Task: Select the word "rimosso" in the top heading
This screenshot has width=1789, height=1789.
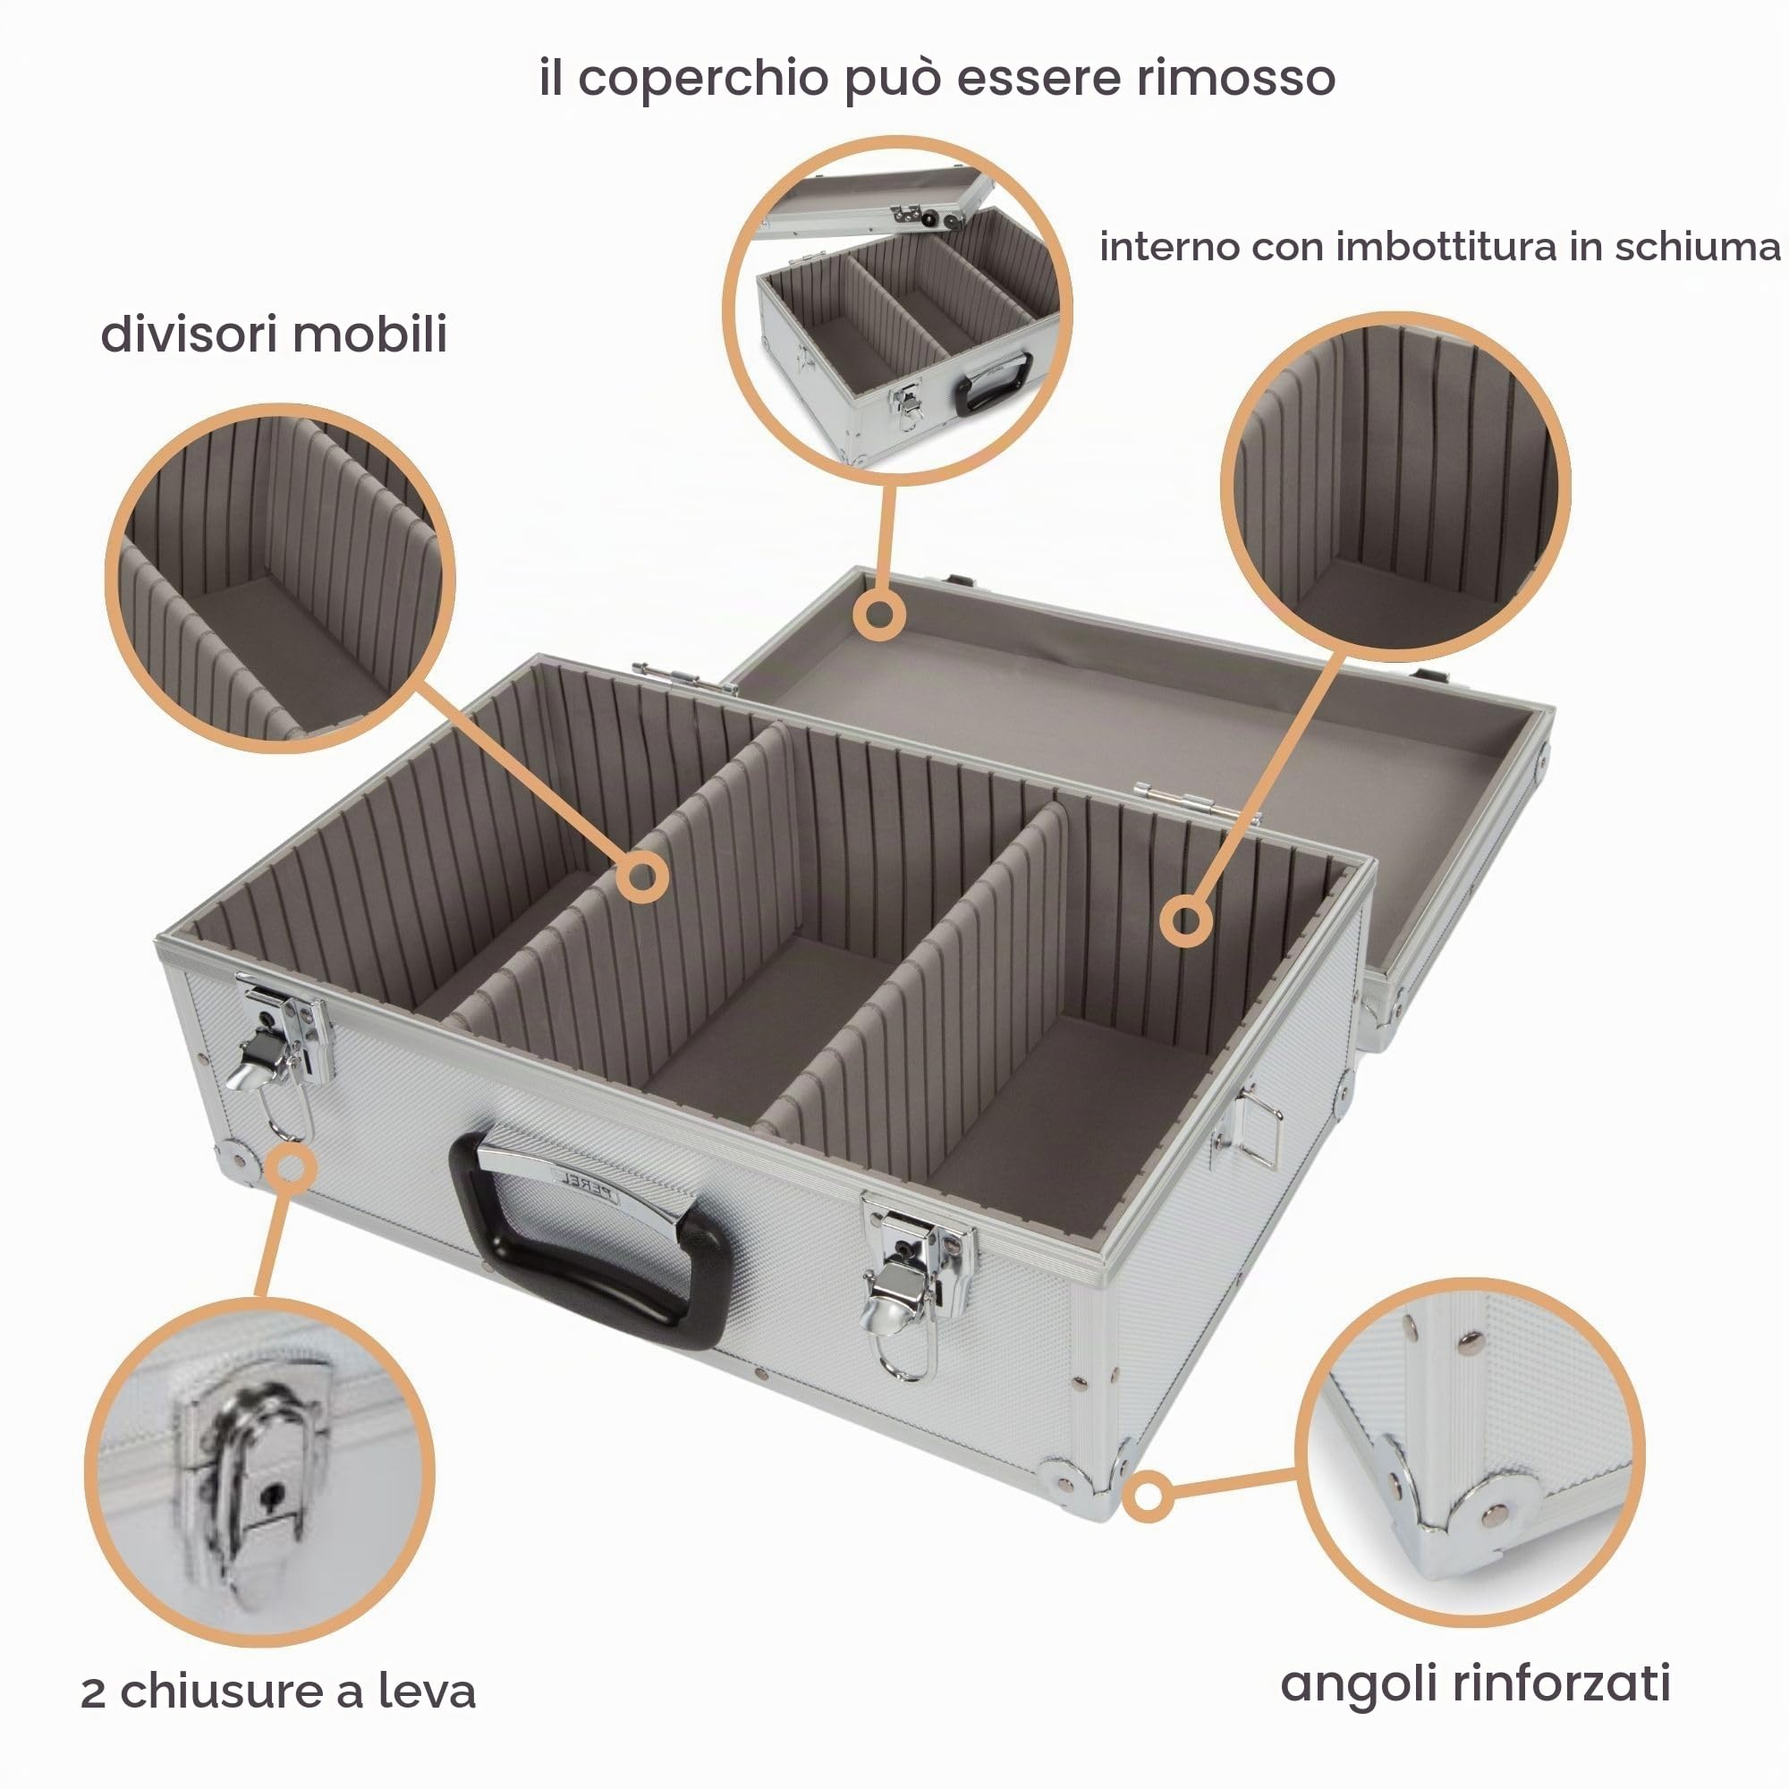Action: click(1235, 78)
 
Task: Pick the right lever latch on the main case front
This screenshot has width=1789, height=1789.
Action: click(912, 1284)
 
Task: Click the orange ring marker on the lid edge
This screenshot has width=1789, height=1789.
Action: click(878, 615)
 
